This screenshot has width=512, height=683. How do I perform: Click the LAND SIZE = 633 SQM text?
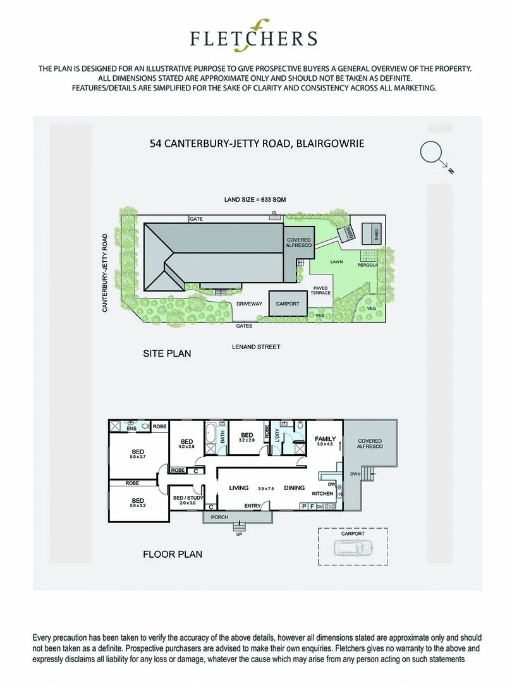(x=255, y=200)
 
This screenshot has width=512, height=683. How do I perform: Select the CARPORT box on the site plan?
(x=288, y=304)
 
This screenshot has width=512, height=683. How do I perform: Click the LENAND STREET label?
(x=255, y=347)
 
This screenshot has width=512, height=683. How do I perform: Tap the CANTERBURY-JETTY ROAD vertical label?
(x=106, y=273)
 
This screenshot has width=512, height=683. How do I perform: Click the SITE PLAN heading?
(x=167, y=353)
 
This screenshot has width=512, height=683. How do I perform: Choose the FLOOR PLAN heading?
(x=173, y=554)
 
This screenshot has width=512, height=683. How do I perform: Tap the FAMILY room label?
(x=326, y=438)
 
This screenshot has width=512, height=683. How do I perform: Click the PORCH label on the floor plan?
(x=219, y=517)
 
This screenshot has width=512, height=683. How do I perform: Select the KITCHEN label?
(x=322, y=493)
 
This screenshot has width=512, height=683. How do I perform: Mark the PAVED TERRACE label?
(x=321, y=290)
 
